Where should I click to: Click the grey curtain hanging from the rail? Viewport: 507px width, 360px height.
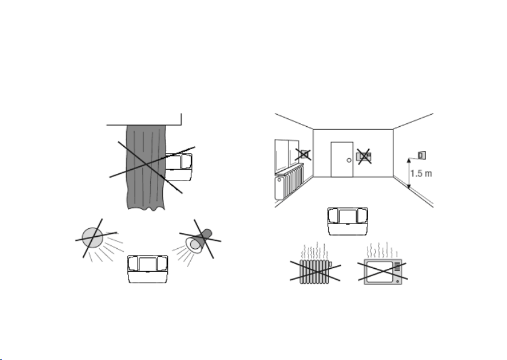click(146, 167)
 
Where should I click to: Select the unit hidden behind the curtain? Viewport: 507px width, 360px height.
click(179, 167)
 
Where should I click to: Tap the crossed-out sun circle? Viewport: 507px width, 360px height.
click(93, 238)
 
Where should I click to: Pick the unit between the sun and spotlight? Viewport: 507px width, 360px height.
click(148, 269)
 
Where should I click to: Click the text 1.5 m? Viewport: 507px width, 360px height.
click(421, 174)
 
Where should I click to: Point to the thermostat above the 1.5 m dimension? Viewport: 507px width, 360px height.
click(422, 155)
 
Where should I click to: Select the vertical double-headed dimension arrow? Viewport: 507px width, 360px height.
click(409, 173)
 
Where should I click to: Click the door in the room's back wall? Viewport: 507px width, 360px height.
click(342, 159)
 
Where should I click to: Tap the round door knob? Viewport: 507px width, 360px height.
click(349, 160)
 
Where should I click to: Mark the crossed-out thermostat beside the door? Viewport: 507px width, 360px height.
click(364, 156)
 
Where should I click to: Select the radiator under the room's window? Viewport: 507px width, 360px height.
click(289, 181)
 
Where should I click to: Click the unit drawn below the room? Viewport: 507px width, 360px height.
click(348, 221)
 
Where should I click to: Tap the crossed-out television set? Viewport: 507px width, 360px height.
click(383, 272)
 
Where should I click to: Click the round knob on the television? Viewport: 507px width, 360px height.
click(397, 281)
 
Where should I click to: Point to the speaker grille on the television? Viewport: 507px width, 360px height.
click(397, 267)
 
